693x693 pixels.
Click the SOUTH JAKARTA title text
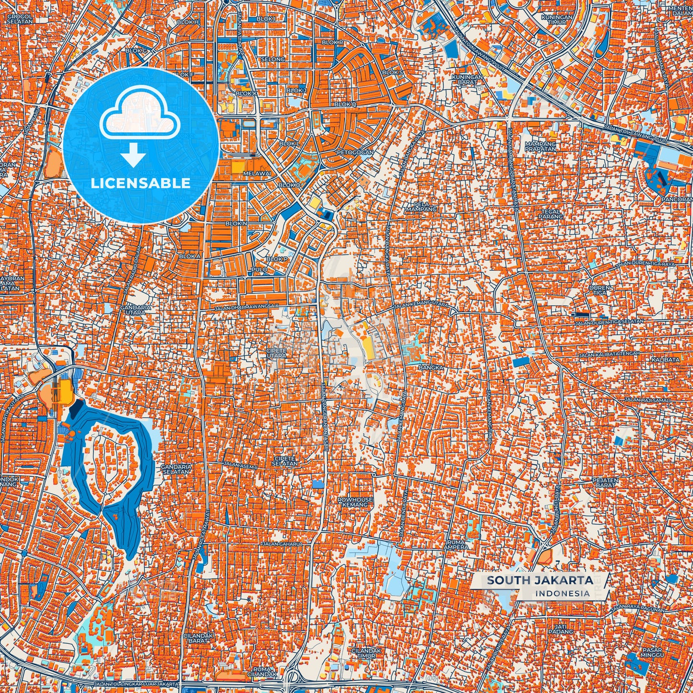[540, 580]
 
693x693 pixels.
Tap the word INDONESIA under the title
[563, 593]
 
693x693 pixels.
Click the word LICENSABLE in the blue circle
[141, 183]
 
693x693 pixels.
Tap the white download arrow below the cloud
[133, 156]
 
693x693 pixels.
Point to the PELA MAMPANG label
[415, 207]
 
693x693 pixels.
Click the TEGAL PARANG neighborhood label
[551, 214]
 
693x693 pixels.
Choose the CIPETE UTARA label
[276, 353]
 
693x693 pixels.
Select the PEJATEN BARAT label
[605, 482]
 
